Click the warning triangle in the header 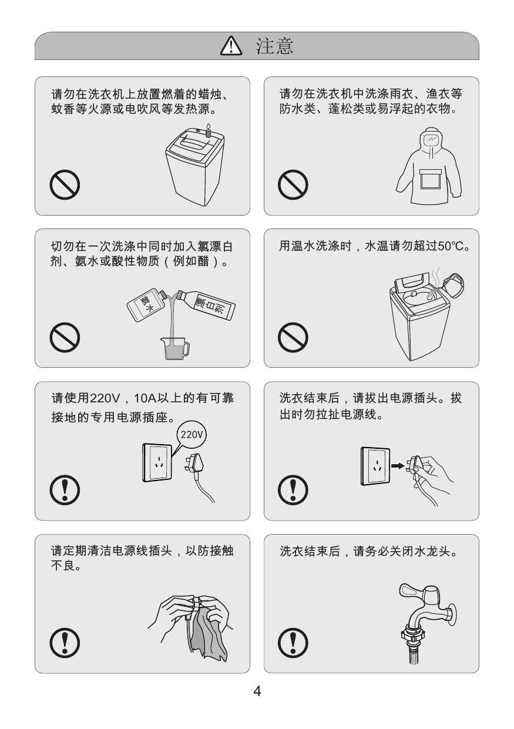(x=231, y=46)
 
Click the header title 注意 (x=274, y=46)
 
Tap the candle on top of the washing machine (x=208, y=130)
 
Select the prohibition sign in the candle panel (x=65, y=184)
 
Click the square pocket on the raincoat (x=430, y=179)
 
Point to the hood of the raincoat (x=432, y=140)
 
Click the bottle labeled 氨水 (x=147, y=305)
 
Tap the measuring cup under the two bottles (x=175, y=348)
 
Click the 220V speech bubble (x=192, y=435)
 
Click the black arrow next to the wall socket (x=397, y=466)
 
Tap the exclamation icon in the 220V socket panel (x=65, y=490)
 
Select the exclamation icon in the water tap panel (x=293, y=643)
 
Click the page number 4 (x=257, y=691)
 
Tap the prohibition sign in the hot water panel (x=293, y=337)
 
